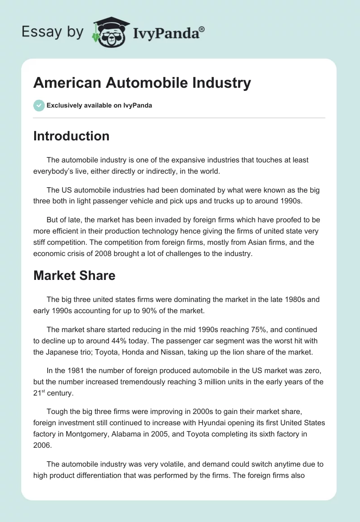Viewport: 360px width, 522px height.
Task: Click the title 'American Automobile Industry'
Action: [x=142, y=83]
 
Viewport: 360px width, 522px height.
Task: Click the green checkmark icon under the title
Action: [x=39, y=105]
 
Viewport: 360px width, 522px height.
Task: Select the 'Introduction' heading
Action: [x=71, y=136]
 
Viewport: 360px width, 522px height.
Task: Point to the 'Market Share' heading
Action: [x=74, y=275]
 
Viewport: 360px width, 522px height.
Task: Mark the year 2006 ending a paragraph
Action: [x=42, y=445]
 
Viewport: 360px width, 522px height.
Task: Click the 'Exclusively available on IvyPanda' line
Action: [x=99, y=105]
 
